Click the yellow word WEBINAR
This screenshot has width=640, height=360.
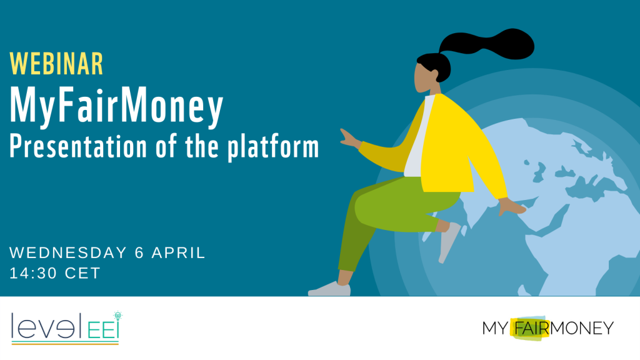56,64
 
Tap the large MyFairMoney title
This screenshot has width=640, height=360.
116,106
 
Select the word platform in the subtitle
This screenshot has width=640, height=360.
273,147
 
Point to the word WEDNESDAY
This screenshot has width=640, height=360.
68,252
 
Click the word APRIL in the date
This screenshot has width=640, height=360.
178,252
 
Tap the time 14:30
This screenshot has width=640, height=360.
33,273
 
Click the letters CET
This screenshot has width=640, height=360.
82,273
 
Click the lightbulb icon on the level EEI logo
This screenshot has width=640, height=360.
118,316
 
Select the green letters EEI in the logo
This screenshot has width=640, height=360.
103,330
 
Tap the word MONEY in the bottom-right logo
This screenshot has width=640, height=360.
582,328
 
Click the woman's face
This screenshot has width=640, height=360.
424,77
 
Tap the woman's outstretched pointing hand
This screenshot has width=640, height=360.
350,138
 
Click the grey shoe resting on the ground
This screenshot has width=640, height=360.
329,289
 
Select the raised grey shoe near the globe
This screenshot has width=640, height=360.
449,242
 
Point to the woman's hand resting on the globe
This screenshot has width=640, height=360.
512,206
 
